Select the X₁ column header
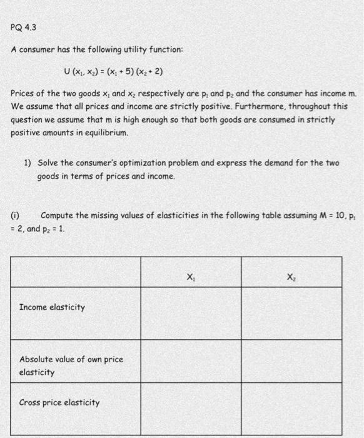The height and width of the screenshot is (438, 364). tap(190, 273)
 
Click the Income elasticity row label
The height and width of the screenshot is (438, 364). tap(52, 307)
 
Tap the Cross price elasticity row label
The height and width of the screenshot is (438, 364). tap(59, 402)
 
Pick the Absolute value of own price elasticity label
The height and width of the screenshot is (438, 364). tap(71, 365)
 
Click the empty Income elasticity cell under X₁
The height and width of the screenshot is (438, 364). tap(190, 313)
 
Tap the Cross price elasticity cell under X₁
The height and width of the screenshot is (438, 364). tap(190, 410)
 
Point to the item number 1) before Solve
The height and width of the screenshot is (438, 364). tap(28, 163)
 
